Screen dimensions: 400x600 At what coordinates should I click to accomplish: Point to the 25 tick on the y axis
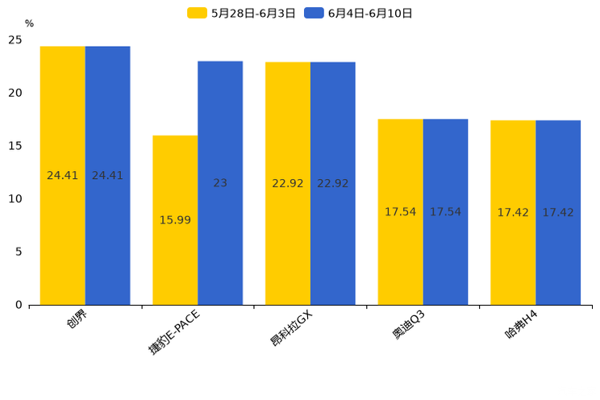click(15, 40)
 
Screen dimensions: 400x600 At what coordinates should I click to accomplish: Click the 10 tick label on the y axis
click(15, 198)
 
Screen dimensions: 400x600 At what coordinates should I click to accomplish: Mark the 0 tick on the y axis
click(19, 305)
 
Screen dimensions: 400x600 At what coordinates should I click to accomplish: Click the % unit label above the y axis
click(29, 23)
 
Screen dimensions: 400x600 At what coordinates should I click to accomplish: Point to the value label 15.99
click(175, 219)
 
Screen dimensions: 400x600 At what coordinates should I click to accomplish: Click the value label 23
click(220, 183)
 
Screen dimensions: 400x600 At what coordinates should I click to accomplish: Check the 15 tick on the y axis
click(15, 146)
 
